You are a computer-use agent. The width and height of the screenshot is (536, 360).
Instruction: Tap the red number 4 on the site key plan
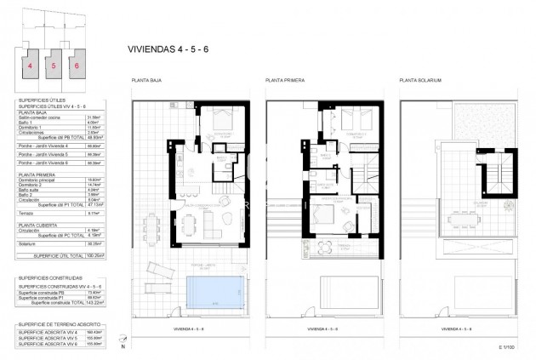coord(30,65)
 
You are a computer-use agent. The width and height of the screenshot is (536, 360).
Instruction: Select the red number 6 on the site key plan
coord(77,65)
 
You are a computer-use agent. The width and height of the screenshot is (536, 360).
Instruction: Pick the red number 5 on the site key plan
coord(54,65)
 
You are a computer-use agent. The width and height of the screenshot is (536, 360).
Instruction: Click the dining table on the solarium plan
coord(463,220)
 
